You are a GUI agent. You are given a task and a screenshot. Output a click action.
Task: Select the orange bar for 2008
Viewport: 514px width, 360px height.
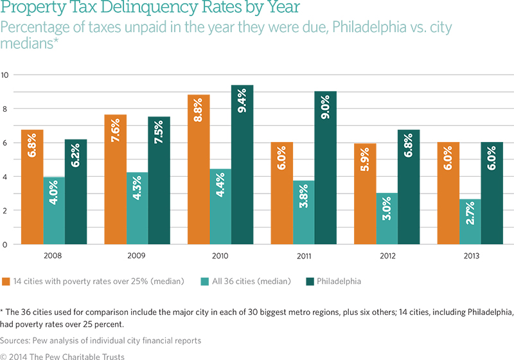[x=32, y=187]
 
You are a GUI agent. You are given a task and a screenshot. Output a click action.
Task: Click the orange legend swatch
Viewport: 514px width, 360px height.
[x=5, y=280]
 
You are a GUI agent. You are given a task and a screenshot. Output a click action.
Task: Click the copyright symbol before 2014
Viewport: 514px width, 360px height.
[x=3, y=355]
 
